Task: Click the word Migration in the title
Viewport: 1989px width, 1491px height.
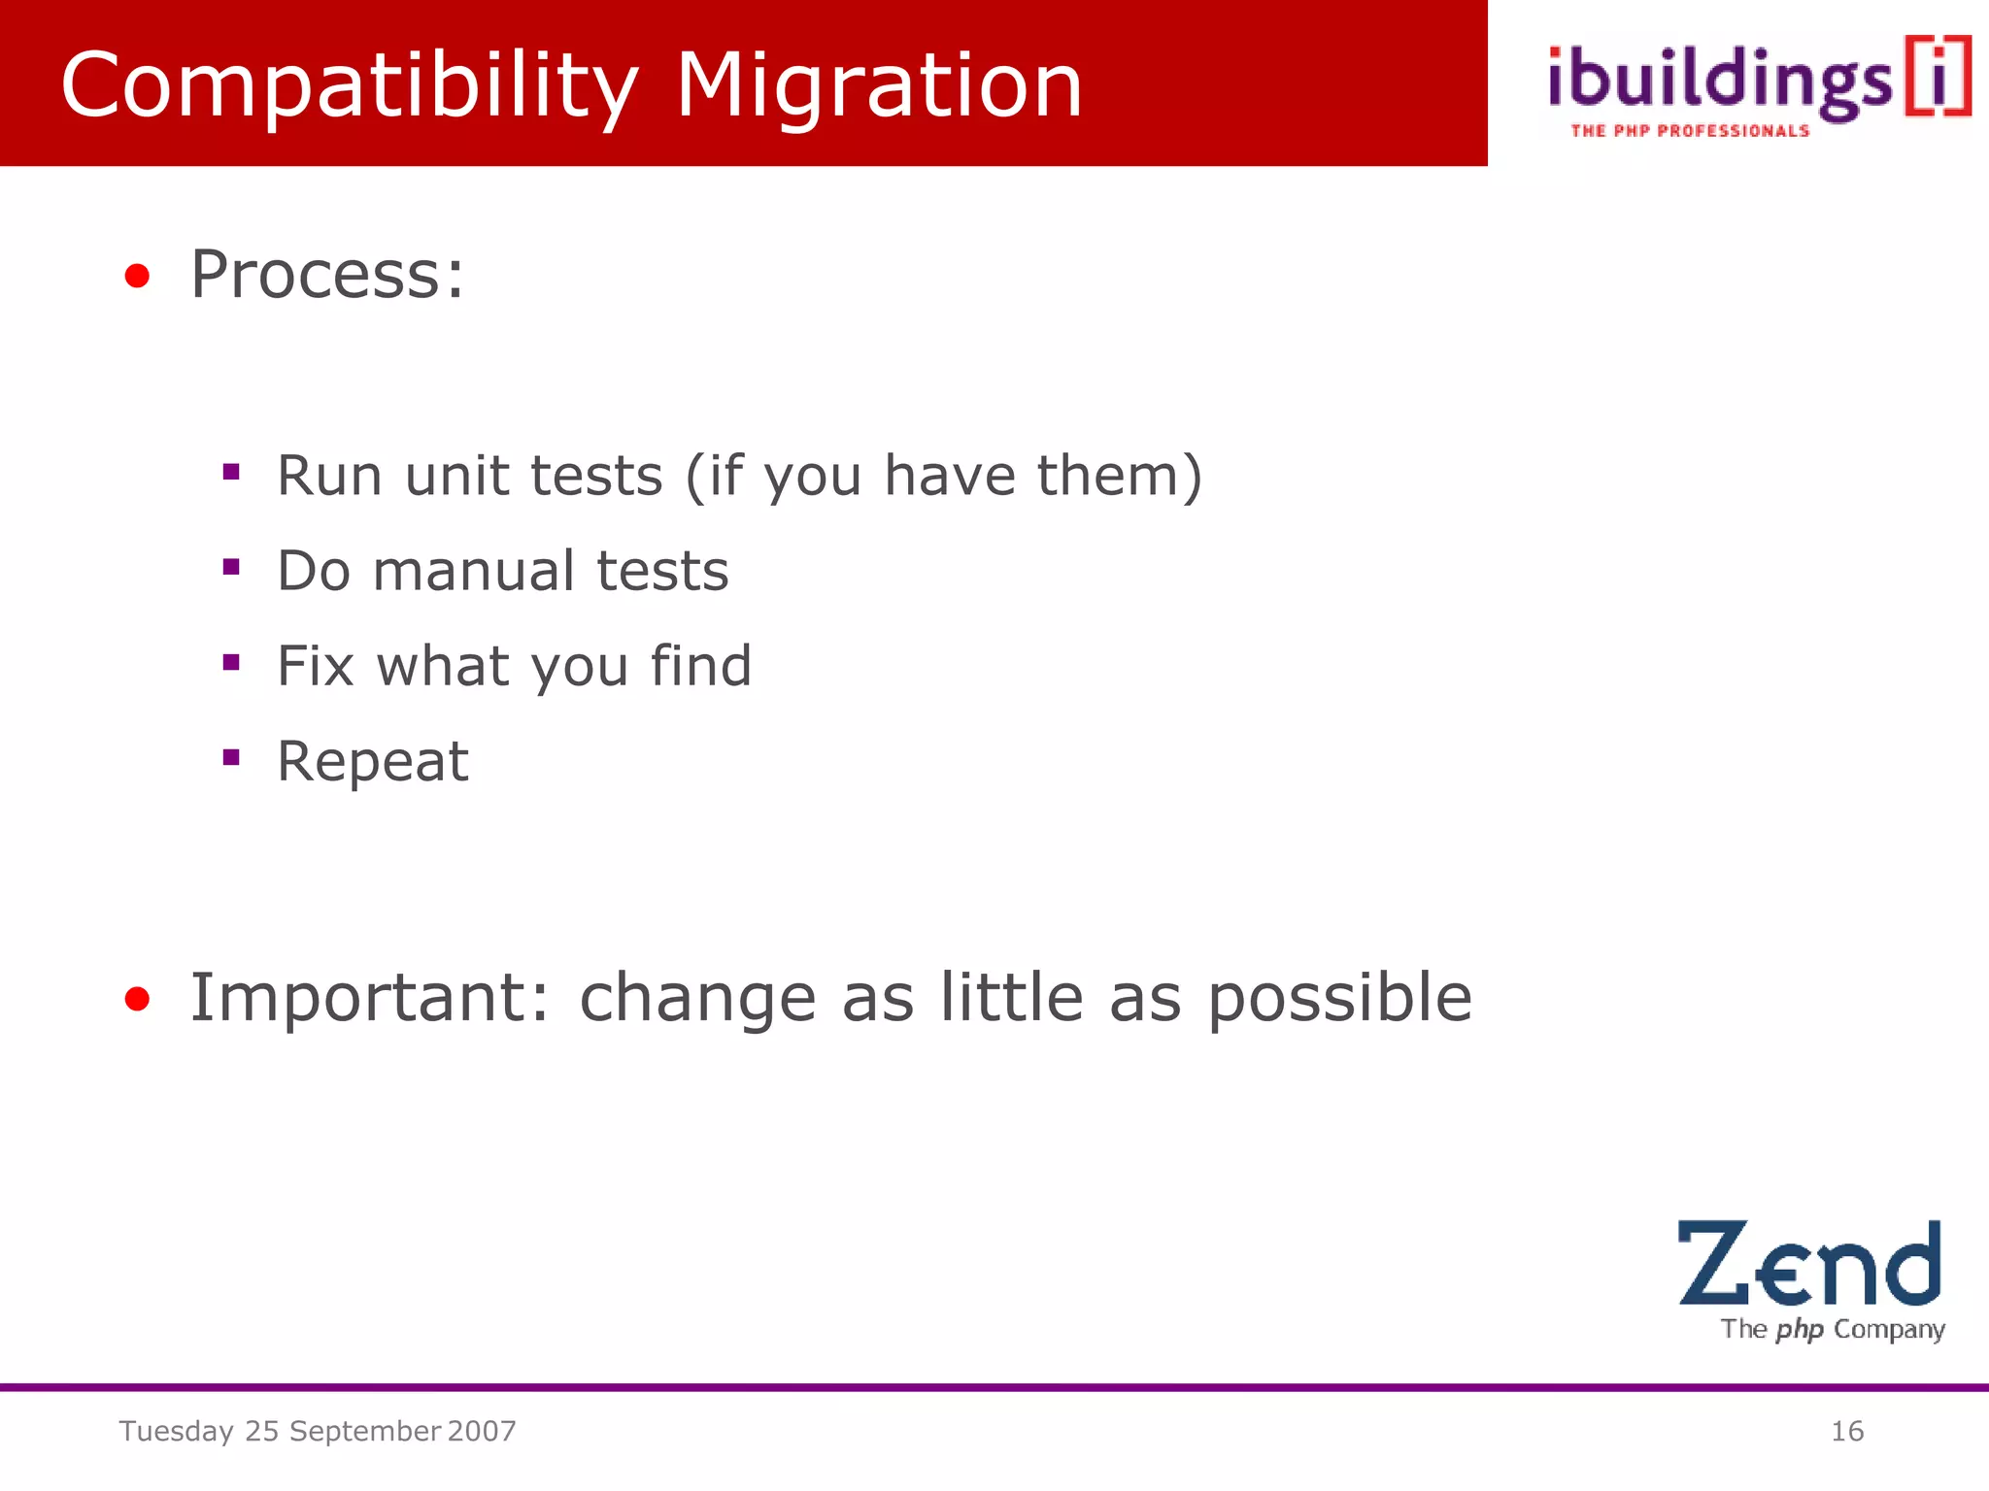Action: pyautogui.click(x=879, y=87)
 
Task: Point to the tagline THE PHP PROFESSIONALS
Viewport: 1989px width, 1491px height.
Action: pyautogui.click(x=1690, y=131)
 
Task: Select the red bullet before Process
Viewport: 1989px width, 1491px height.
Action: pyautogui.click(x=137, y=277)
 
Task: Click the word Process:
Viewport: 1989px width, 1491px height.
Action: pyautogui.click(x=327, y=275)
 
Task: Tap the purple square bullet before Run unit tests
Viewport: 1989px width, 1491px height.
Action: pyautogui.click(x=231, y=473)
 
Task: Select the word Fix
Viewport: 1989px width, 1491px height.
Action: pyautogui.click(x=315, y=666)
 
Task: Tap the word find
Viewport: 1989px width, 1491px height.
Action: pyautogui.click(x=700, y=666)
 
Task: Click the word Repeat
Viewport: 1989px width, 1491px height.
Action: pyautogui.click(x=373, y=761)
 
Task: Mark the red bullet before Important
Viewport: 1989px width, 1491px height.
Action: pyautogui.click(x=137, y=999)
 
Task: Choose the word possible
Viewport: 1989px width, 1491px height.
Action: pyautogui.click(x=1339, y=1000)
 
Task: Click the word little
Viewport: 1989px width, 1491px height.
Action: pyautogui.click(x=1011, y=998)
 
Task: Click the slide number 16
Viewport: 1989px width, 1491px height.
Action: pyautogui.click(x=1846, y=1431)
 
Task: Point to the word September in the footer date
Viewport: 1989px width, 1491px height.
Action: pyautogui.click(x=365, y=1432)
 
